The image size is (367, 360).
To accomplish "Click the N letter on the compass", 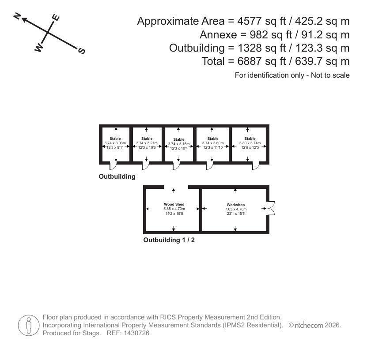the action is tap(17, 16).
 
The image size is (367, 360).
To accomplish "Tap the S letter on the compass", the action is tap(81, 51).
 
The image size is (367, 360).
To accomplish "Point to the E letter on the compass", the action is tap(56, 18).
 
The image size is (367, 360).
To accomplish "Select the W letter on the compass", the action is tap(39, 48).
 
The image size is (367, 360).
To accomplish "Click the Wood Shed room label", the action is tap(174, 204).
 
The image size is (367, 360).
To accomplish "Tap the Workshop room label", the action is tap(236, 205).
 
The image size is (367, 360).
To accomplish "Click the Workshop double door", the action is tap(271, 208).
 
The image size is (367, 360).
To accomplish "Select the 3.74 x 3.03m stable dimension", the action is tap(115, 143).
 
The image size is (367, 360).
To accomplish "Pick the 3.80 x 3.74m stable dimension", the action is tap(250, 143).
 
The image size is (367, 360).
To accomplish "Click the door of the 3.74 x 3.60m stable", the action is tap(209, 165).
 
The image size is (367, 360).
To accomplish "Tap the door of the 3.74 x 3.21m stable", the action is tap(145, 165).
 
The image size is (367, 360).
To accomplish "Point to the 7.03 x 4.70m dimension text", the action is tap(236, 209).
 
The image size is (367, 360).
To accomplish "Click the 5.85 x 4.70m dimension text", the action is tap(174, 209).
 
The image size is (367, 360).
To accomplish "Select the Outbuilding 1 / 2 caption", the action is tap(169, 240).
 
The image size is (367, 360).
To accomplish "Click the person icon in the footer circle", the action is tap(29, 325).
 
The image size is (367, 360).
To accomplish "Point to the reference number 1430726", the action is tap(136, 333).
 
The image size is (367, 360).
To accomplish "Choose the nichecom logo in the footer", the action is tap(309, 325).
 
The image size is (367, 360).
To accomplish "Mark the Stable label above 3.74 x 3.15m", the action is tap(179, 139).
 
